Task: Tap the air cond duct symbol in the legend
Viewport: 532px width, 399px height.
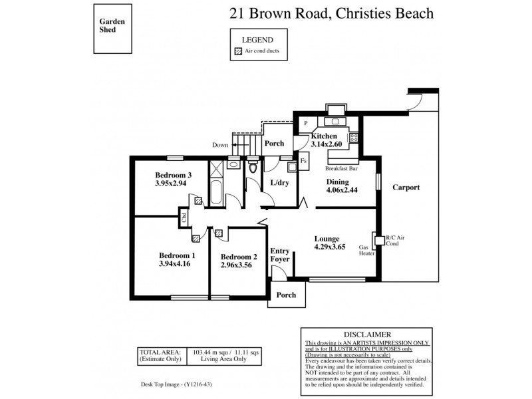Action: (x=238, y=52)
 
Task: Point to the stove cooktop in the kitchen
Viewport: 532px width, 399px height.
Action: (x=354, y=138)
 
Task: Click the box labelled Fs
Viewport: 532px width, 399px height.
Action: (x=303, y=161)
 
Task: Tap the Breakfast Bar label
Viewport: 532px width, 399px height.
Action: (x=342, y=169)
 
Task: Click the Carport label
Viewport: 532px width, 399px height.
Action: (x=406, y=188)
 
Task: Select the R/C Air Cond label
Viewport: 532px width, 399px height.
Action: (x=397, y=241)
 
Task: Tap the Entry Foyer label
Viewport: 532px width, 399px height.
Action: (x=280, y=255)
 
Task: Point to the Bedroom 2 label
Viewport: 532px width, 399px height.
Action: (x=239, y=257)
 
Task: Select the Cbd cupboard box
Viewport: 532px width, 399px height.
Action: (x=184, y=215)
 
